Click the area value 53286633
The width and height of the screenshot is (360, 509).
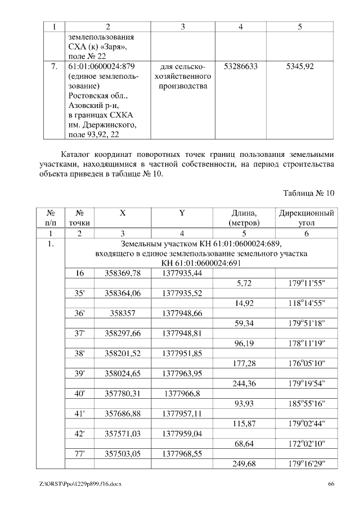241,66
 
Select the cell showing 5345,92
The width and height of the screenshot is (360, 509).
300,66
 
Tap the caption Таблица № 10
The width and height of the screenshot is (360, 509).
308,193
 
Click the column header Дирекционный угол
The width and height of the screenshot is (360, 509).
307,219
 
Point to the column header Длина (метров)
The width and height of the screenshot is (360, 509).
244,219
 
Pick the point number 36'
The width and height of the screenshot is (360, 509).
80,313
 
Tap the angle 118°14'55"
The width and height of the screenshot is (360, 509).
307,303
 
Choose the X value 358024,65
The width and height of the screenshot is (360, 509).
123,374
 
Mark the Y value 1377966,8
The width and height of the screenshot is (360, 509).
182,394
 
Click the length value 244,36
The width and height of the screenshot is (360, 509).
244,384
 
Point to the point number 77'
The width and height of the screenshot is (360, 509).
80,454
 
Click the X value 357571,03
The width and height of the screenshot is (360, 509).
123,434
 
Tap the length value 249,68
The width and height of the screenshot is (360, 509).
244,465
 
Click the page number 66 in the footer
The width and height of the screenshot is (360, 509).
331,484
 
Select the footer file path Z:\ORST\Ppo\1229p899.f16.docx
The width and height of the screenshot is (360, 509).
80,484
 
